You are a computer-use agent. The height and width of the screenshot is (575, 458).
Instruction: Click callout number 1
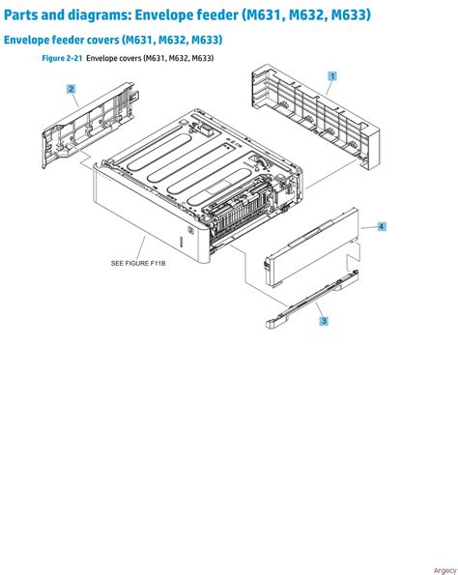[332, 75]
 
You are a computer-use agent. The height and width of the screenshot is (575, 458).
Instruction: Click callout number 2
[72, 89]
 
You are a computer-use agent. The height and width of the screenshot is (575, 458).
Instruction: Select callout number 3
[323, 321]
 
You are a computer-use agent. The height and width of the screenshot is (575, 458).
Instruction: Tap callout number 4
[382, 226]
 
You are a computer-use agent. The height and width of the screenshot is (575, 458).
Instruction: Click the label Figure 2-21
[62, 59]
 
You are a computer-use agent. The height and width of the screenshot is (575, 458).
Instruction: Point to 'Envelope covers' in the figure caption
[114, 59]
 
